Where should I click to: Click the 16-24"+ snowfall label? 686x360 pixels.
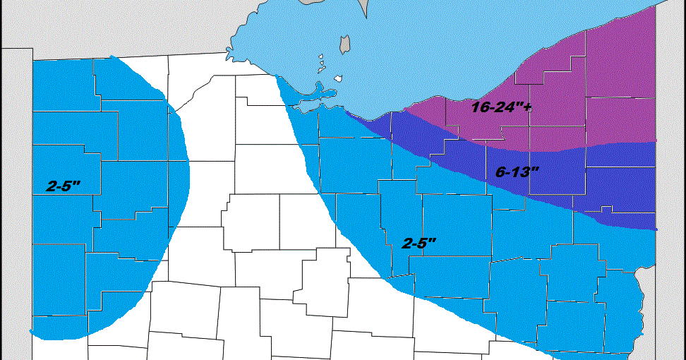500,108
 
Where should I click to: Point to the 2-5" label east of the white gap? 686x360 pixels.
419,243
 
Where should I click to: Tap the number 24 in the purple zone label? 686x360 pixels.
504,109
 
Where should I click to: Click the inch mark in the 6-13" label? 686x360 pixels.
536,169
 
